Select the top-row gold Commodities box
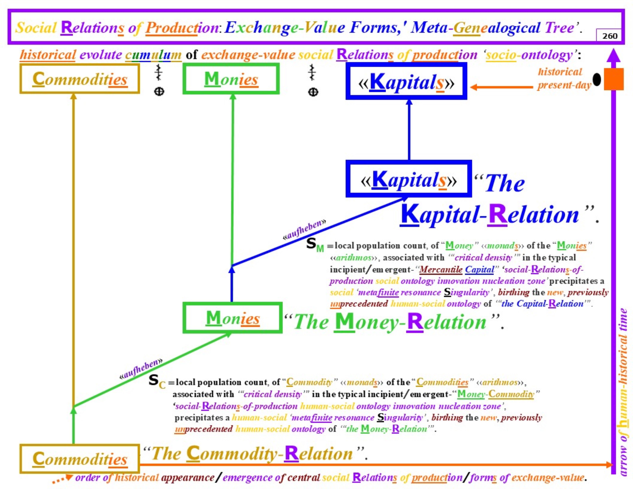pos(80,79)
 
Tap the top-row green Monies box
pos(231,79)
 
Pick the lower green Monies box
pos(232,318)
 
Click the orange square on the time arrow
pos(614,79)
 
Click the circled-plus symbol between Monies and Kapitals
pos(313,92)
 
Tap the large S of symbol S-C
pos(154,380)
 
